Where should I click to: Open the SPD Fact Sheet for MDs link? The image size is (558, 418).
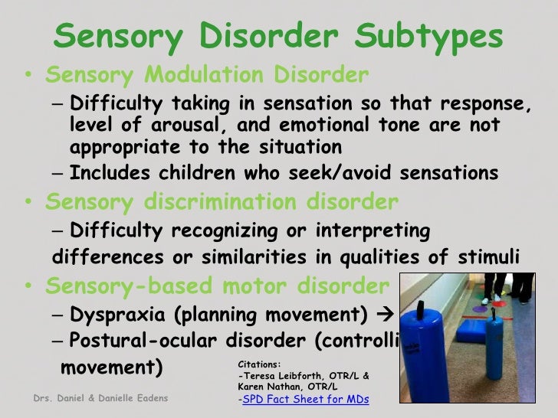point(305,400)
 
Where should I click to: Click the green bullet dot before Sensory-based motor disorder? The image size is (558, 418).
point(28,288)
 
